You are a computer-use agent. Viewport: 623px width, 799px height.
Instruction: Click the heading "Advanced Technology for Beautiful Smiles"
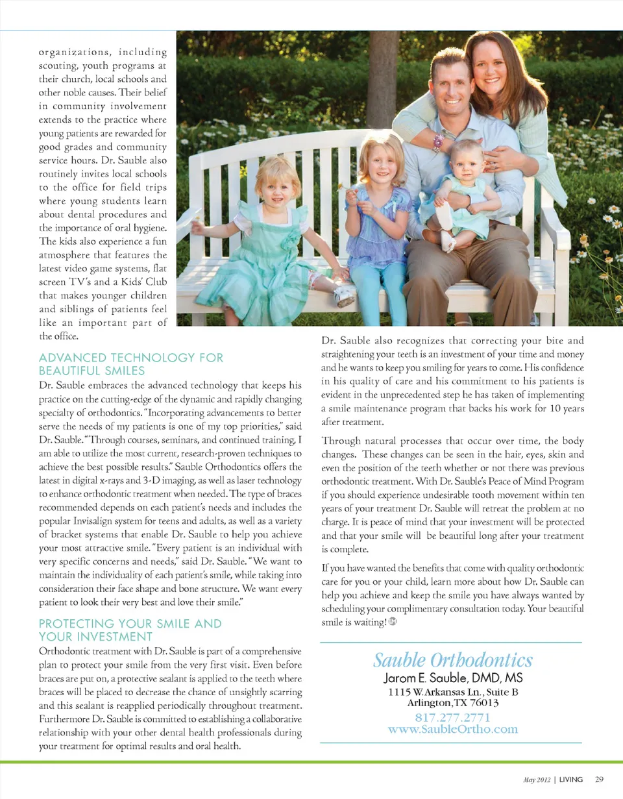point(131,364)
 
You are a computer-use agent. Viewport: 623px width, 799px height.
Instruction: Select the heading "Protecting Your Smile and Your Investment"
point(130,630)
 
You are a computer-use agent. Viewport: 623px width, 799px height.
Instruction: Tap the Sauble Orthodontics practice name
point(452,661)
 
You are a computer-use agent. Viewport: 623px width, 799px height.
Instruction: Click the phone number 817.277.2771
point(452,718)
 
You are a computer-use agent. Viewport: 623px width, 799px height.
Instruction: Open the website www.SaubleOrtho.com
point(452,729)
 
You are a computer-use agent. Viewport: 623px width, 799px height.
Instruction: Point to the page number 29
point(599,779)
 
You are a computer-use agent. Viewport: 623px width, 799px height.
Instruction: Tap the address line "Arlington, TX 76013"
point(452,703)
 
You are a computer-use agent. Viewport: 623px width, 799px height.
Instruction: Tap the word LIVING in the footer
point(571,779)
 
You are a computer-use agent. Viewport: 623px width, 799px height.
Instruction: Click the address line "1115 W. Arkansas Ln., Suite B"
point(452,692)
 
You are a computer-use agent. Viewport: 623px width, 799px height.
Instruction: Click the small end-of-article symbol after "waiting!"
point(393,622)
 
